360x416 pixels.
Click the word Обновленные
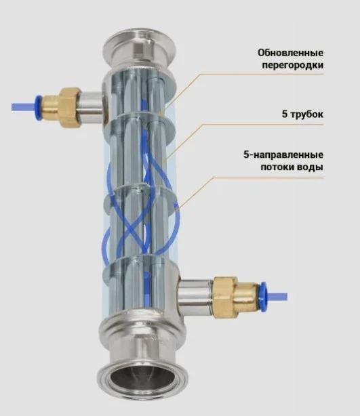[x=290, y=53]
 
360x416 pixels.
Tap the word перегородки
[x=293, y=65]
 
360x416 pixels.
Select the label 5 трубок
[x=302, y=115]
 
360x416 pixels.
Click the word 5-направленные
[x=283, y=154]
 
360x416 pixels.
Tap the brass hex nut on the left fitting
[x=68, y=108]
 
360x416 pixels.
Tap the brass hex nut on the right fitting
[x=226, y=297]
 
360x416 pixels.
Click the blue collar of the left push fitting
[x=39, y=108]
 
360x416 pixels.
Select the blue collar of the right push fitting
[x=264, y=297]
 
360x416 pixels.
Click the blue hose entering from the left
[x=24, y=108]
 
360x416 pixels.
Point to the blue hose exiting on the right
[x=277, y=297]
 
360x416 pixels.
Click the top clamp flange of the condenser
[x=140, y=47]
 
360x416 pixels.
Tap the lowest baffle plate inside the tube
[x=134, y=268]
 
